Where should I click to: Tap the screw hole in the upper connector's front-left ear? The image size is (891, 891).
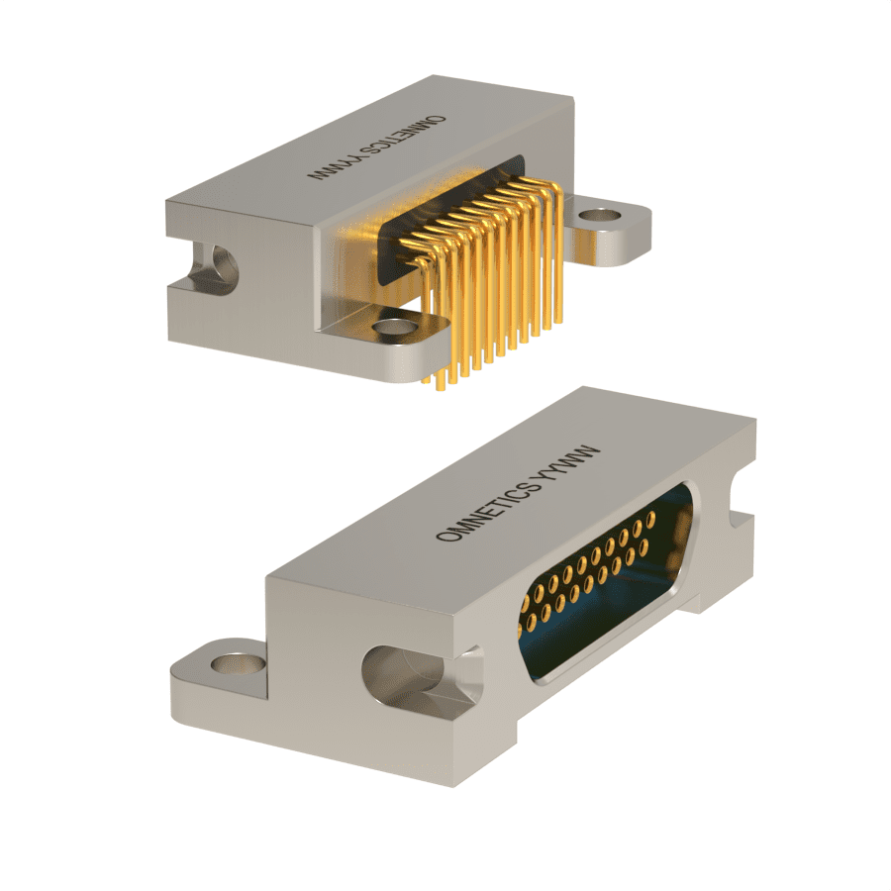point(393,327)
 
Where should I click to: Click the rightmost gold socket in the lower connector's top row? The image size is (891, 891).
point(650,518)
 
